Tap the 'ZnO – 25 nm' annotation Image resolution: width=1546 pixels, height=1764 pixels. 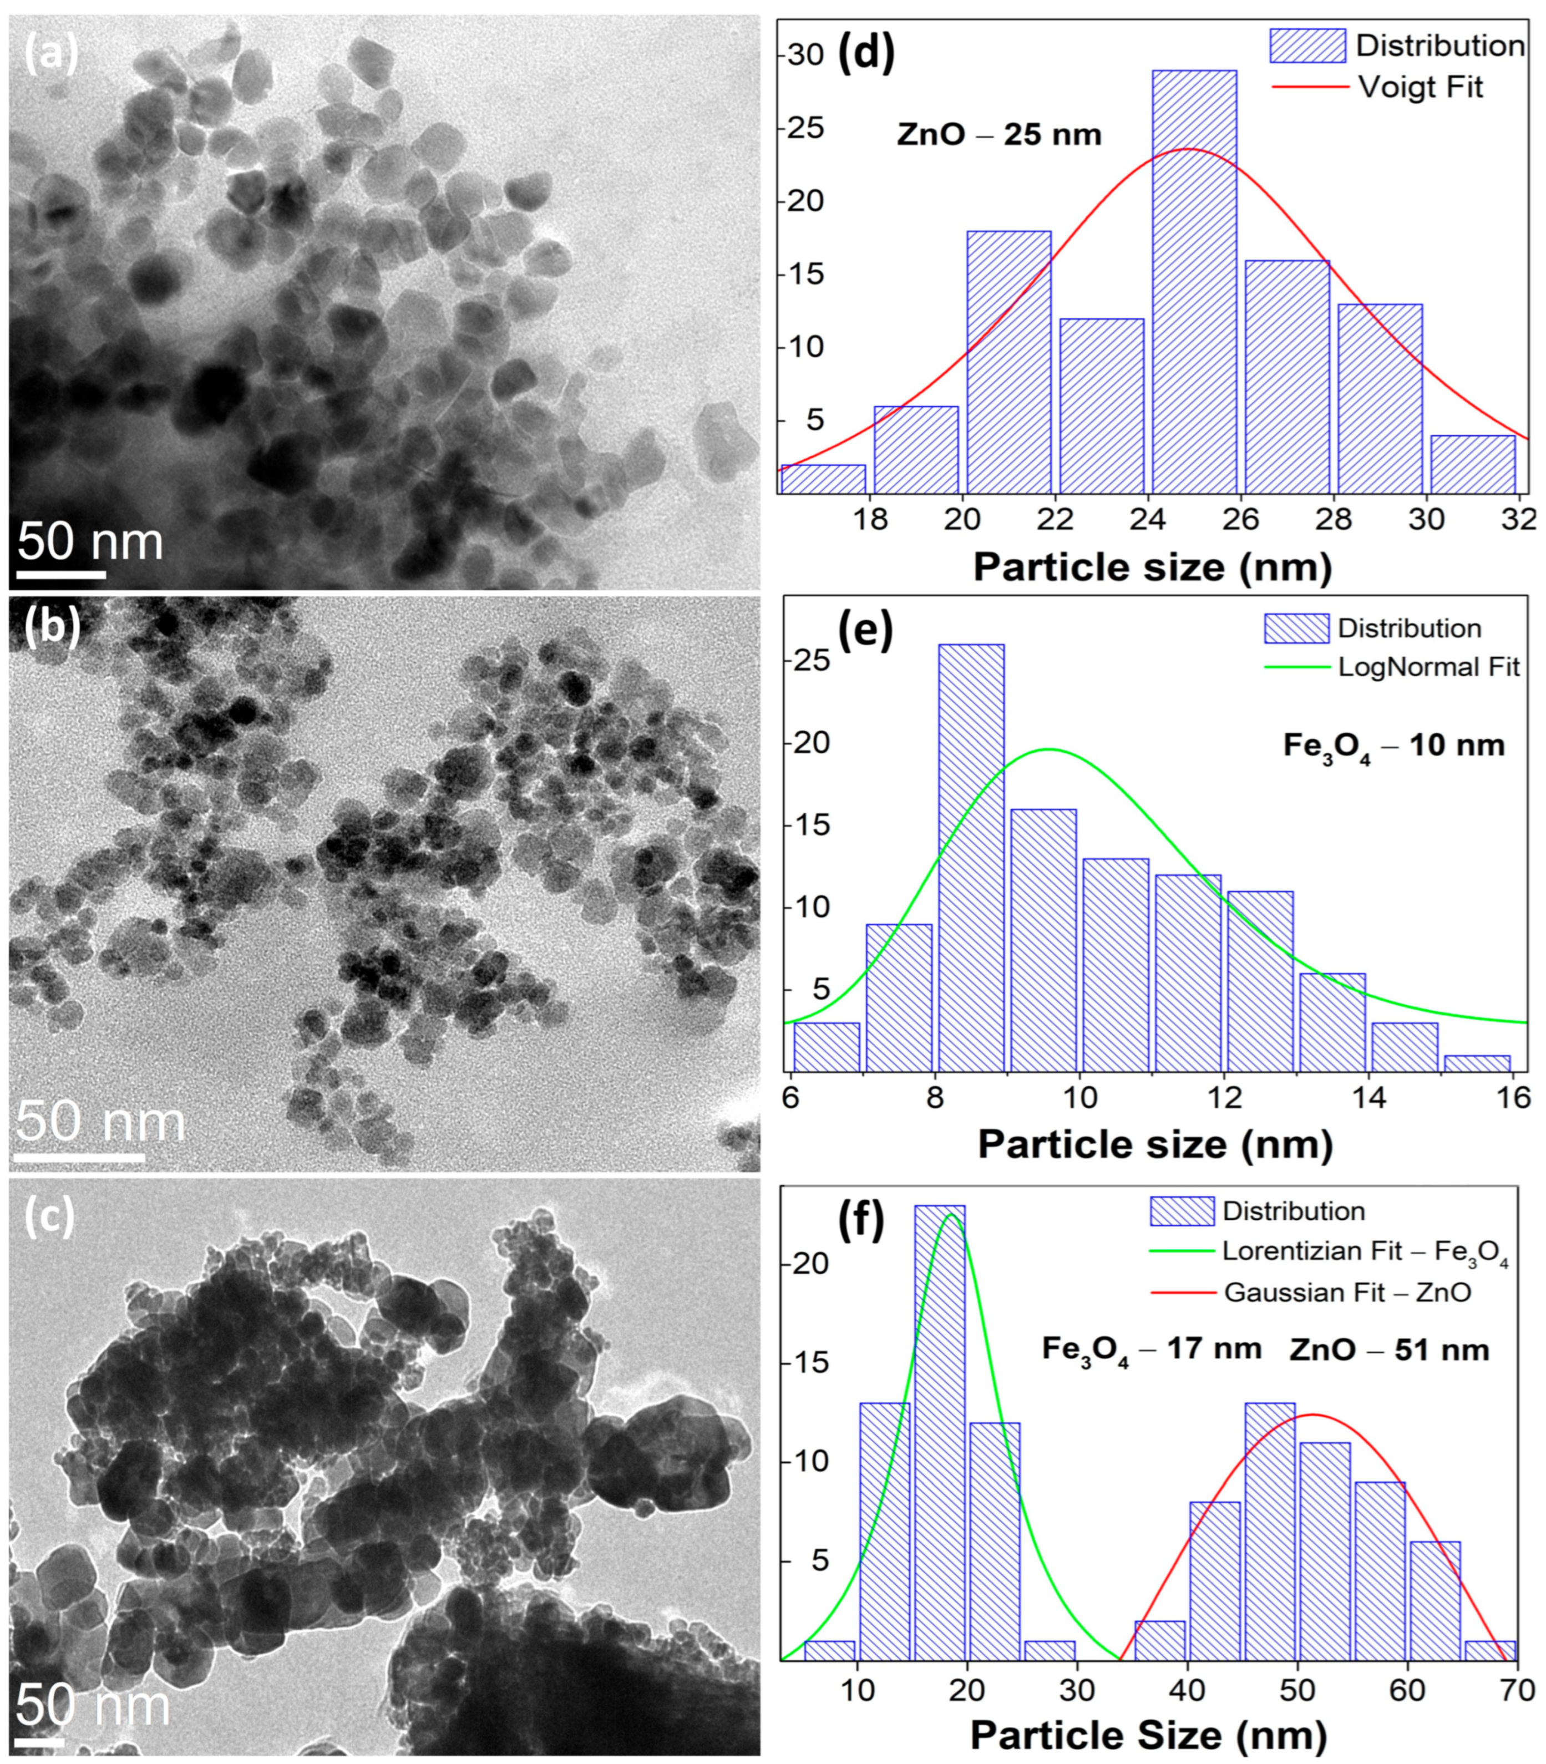999,135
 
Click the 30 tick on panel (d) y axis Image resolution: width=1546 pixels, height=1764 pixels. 807,55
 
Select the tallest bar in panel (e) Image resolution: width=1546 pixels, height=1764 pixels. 971,858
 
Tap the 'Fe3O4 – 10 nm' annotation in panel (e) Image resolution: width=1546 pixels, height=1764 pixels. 1393,746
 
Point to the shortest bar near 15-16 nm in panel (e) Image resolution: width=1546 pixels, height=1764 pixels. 1477,1063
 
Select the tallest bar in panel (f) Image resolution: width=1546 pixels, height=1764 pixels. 940,1432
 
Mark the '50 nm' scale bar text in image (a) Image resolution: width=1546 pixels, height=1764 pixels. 90,542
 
